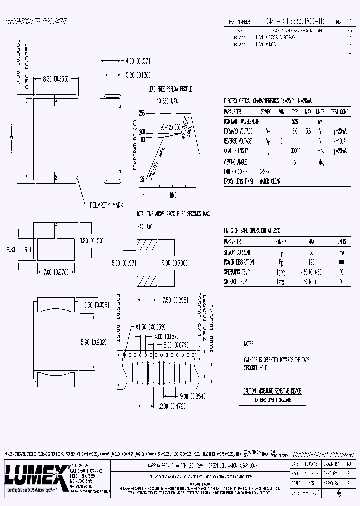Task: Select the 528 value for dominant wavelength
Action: (295, 121)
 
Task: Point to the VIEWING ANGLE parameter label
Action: (235, 162)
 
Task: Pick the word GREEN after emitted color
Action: (264, 172)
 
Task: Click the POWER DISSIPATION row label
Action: (239, 262)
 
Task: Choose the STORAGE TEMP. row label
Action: (236, 282)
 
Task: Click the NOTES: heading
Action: (249, 344)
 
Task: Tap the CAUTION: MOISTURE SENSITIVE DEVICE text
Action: (272, 391)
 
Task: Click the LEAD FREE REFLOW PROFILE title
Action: (169, 89)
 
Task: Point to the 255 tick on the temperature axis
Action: (142, 113)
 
